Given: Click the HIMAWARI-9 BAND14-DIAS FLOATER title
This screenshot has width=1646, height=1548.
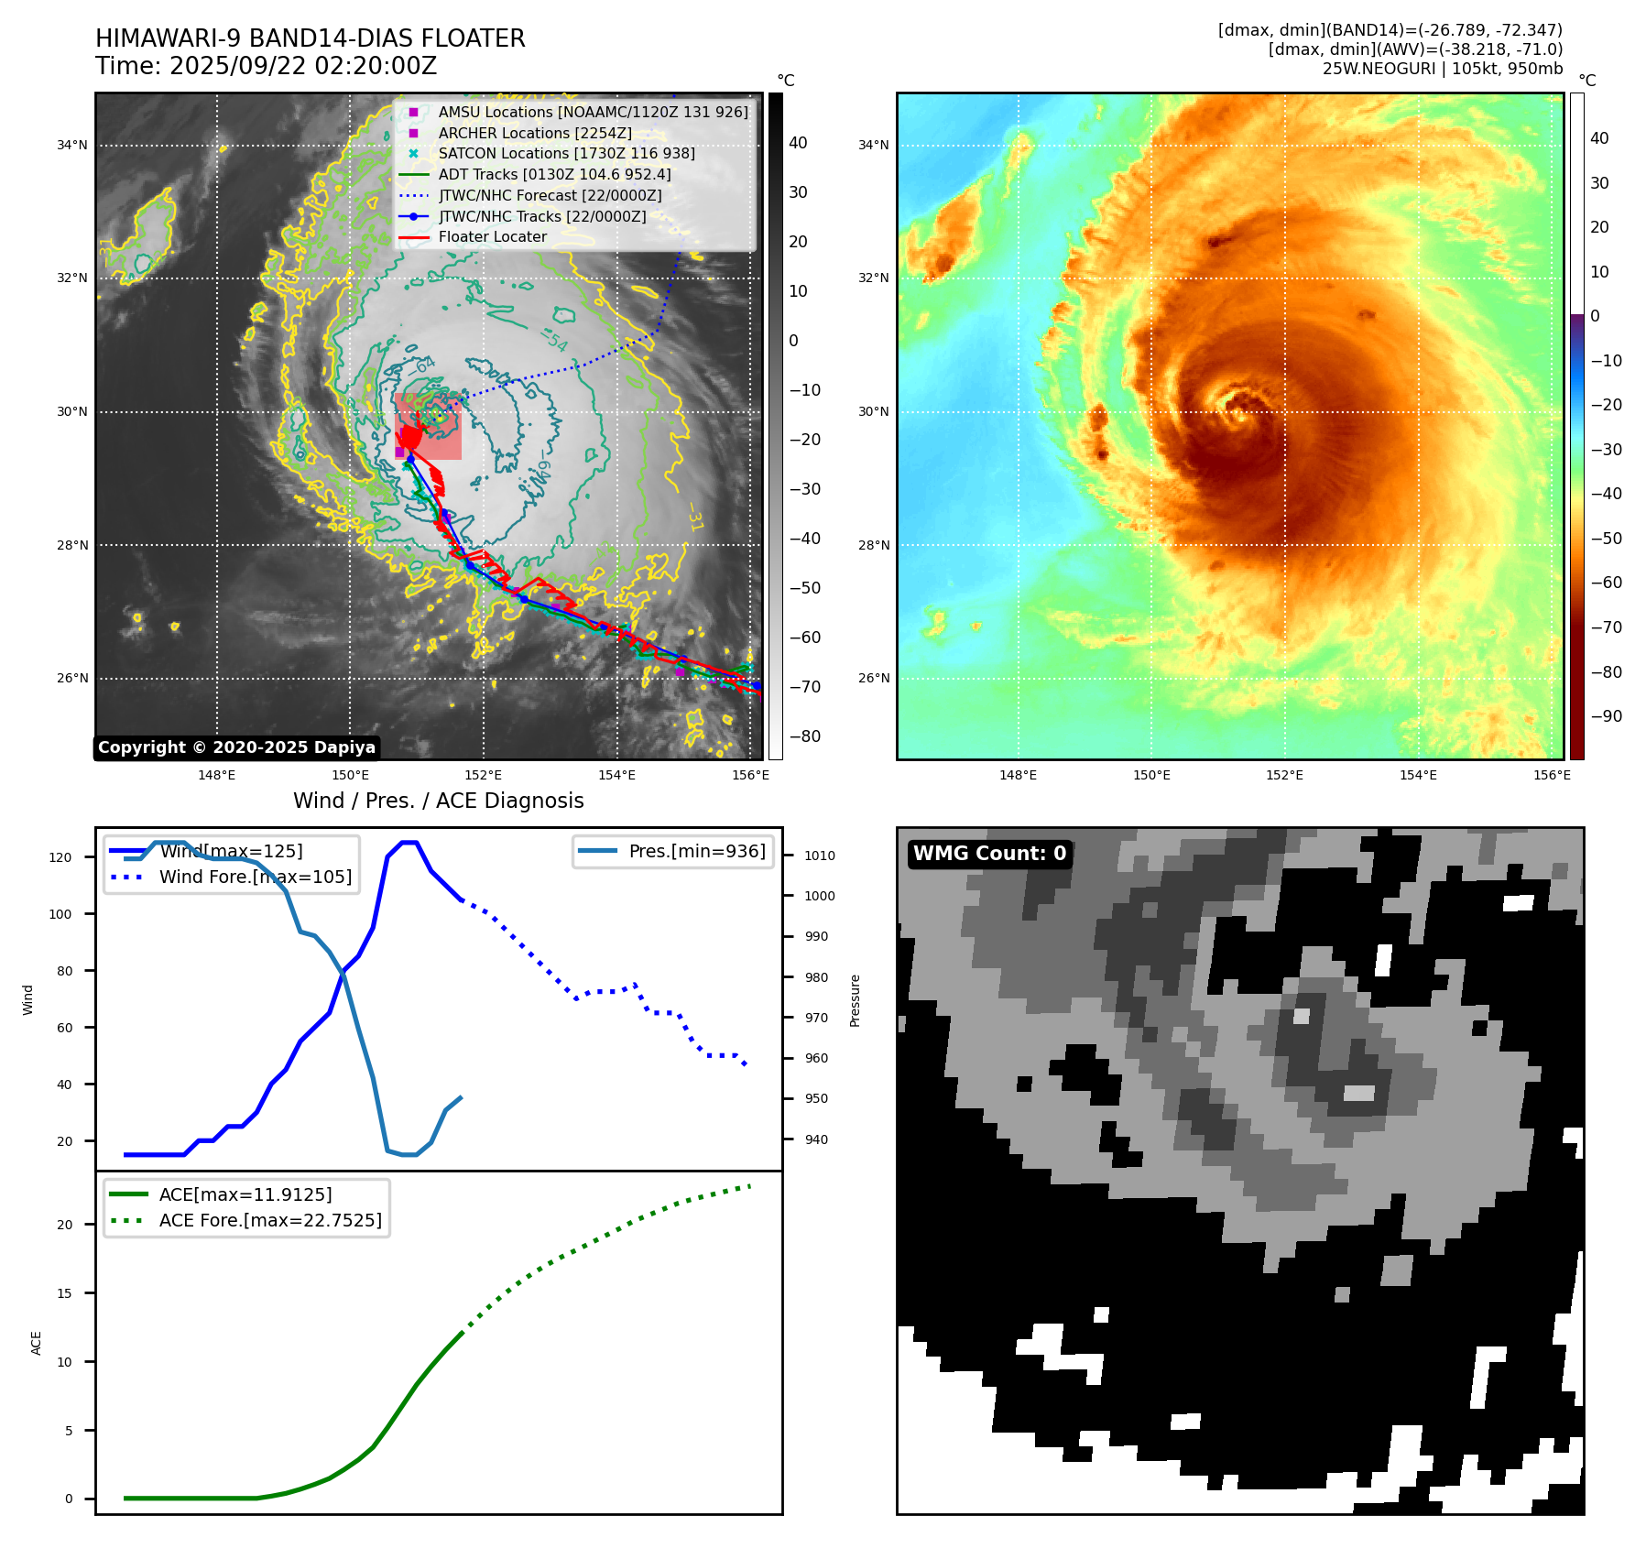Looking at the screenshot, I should (x=310, y=38).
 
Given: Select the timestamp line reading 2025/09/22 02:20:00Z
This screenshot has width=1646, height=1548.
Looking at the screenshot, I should (x=266, y=67).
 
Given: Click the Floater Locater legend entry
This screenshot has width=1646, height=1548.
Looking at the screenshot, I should (x=492, y=237).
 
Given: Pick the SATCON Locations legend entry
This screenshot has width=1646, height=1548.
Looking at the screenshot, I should (x=566, y=154).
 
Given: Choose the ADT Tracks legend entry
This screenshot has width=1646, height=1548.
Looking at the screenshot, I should (x=554, y=174).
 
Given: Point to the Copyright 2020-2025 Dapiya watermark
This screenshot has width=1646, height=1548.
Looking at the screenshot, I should (x=236, y=747).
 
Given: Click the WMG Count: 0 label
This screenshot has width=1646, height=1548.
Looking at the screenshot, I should (x=989, y=854).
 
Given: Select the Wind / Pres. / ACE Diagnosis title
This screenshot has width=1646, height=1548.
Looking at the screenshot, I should (x=438, y=801).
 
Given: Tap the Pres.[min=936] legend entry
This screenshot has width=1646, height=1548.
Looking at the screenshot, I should (x=696, y=851).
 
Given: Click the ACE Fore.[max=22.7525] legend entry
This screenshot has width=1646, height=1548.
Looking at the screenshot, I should (x=270, y=1220).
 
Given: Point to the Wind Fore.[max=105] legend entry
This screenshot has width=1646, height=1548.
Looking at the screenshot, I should (x=255, y=877).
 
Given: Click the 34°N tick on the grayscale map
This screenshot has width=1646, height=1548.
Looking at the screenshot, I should (x=72, y=145).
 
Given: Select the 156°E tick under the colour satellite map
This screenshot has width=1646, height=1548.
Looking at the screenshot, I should (x=1552, y=775).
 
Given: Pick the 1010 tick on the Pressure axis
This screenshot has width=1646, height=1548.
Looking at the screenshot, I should (x=820, y=856).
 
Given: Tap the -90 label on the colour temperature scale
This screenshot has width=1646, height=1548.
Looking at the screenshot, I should (x=1606, y=716).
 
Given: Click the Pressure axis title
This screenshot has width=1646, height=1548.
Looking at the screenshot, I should (x=855, y=1000).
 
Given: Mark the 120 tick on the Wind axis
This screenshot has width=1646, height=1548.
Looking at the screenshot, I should (x=60, y=857).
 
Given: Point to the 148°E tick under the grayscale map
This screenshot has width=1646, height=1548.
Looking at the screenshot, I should (x=217, y=775).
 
